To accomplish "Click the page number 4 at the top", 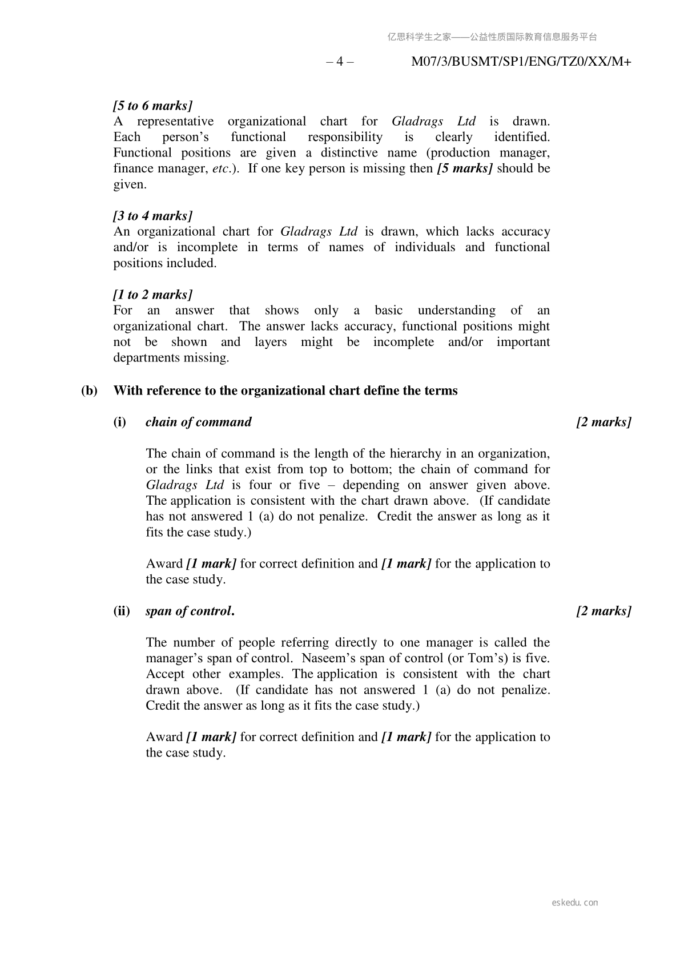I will coord(340,62).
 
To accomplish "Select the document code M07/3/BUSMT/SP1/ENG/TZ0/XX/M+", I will coord(521,62).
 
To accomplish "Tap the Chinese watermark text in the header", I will coord(492,37).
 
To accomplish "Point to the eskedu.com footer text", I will coord(575,903).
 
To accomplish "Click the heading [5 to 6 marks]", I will coord(152,106).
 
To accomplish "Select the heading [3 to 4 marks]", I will coord(152,216).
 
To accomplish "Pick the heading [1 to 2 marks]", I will coord(152,295).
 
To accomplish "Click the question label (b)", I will coord(89,391).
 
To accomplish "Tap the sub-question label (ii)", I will coord(122,611).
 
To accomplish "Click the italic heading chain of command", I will coord(198,422).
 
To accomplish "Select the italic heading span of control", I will coord(190,611).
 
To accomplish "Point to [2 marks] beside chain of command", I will coord(603,422).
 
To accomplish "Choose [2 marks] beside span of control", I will coord(603,611).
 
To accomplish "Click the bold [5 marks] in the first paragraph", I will coord(464,168).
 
